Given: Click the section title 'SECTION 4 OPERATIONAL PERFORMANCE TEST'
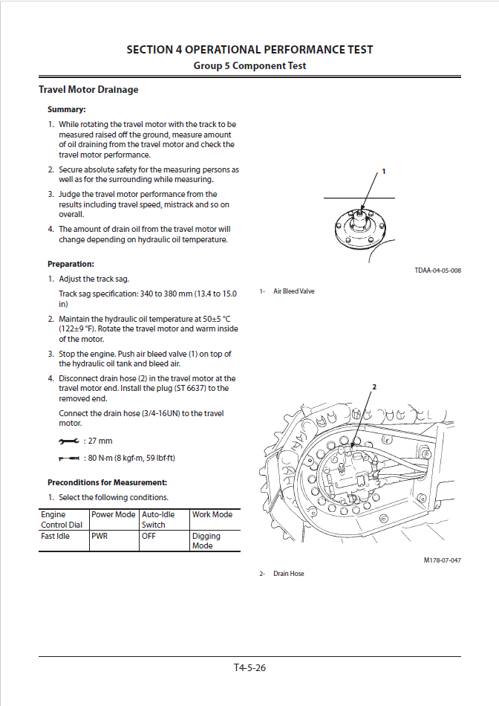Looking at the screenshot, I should click(249, 50).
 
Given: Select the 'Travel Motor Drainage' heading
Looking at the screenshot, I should click(88, 90).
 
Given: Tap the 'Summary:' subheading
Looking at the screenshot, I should click(67, 109).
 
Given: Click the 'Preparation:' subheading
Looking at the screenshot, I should click(71, 264).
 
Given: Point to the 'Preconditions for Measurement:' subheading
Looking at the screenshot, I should click(107, 482).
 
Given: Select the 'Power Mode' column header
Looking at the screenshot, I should click(113, 514).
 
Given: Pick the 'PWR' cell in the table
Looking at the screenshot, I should click(100, 536).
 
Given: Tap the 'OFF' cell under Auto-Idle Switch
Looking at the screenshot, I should click(149, 536).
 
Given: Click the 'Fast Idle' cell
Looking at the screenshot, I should click(55, 536).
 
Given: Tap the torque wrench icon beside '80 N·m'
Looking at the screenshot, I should click(68, 459).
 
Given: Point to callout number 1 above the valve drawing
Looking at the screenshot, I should click(384, 172).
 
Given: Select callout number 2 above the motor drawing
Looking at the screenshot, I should click(374, 387).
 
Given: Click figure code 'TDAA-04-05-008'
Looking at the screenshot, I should click(437, 271).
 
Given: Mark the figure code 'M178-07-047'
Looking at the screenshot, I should click(442, 560).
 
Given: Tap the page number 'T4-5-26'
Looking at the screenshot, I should click(249, 667).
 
